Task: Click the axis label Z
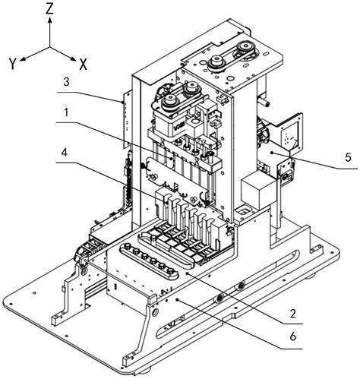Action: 49,9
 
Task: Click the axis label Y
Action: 13,63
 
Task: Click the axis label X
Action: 83,65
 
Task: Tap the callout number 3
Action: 66,82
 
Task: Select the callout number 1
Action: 66,112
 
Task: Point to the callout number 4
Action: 65,153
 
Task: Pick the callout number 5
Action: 349,157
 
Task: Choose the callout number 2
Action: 293,314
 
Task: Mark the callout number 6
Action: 292,336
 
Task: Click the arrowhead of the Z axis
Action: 50,20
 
